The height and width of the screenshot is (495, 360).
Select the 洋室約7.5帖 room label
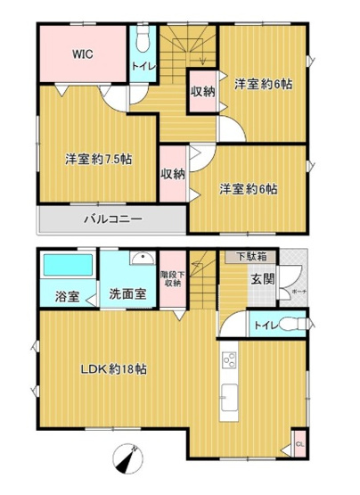pyautogui.click(x=99, y=160)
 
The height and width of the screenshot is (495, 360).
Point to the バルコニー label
pyautogui.click(x=113, y=217)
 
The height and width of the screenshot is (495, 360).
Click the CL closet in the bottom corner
pyautogui.click(x=299, y=441)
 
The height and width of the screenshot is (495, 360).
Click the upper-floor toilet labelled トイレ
pyautogui.click(x=141, y=64)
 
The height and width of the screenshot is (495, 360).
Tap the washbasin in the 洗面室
pyautogui.click(x=139, y=260)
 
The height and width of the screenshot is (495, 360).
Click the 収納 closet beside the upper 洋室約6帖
pyautogui.click(x=202, y=91)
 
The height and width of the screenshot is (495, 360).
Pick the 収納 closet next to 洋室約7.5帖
pyautogui.click(x=173, y=174)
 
